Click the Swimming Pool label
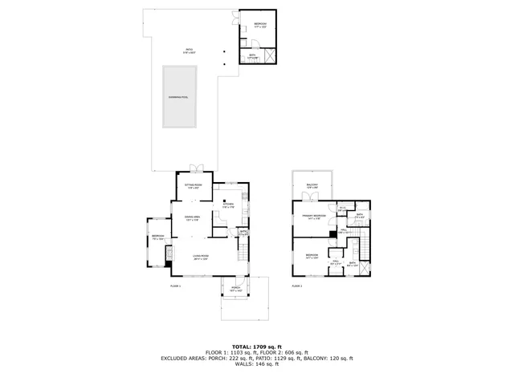coord(179,96)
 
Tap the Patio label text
coord(190,51)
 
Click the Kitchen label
coord(227,205)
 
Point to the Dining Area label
coord(193,218)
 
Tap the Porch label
coord(236,289)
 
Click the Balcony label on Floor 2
coord(312,186)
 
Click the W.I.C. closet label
coord(341,209)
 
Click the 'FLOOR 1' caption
coord(175,286)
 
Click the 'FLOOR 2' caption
coord(296,286)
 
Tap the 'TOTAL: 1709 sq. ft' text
coord(257,346)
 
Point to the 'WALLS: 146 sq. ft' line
coord(257,365)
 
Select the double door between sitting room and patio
coord(195,169)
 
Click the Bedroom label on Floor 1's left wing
coord(157,237)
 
